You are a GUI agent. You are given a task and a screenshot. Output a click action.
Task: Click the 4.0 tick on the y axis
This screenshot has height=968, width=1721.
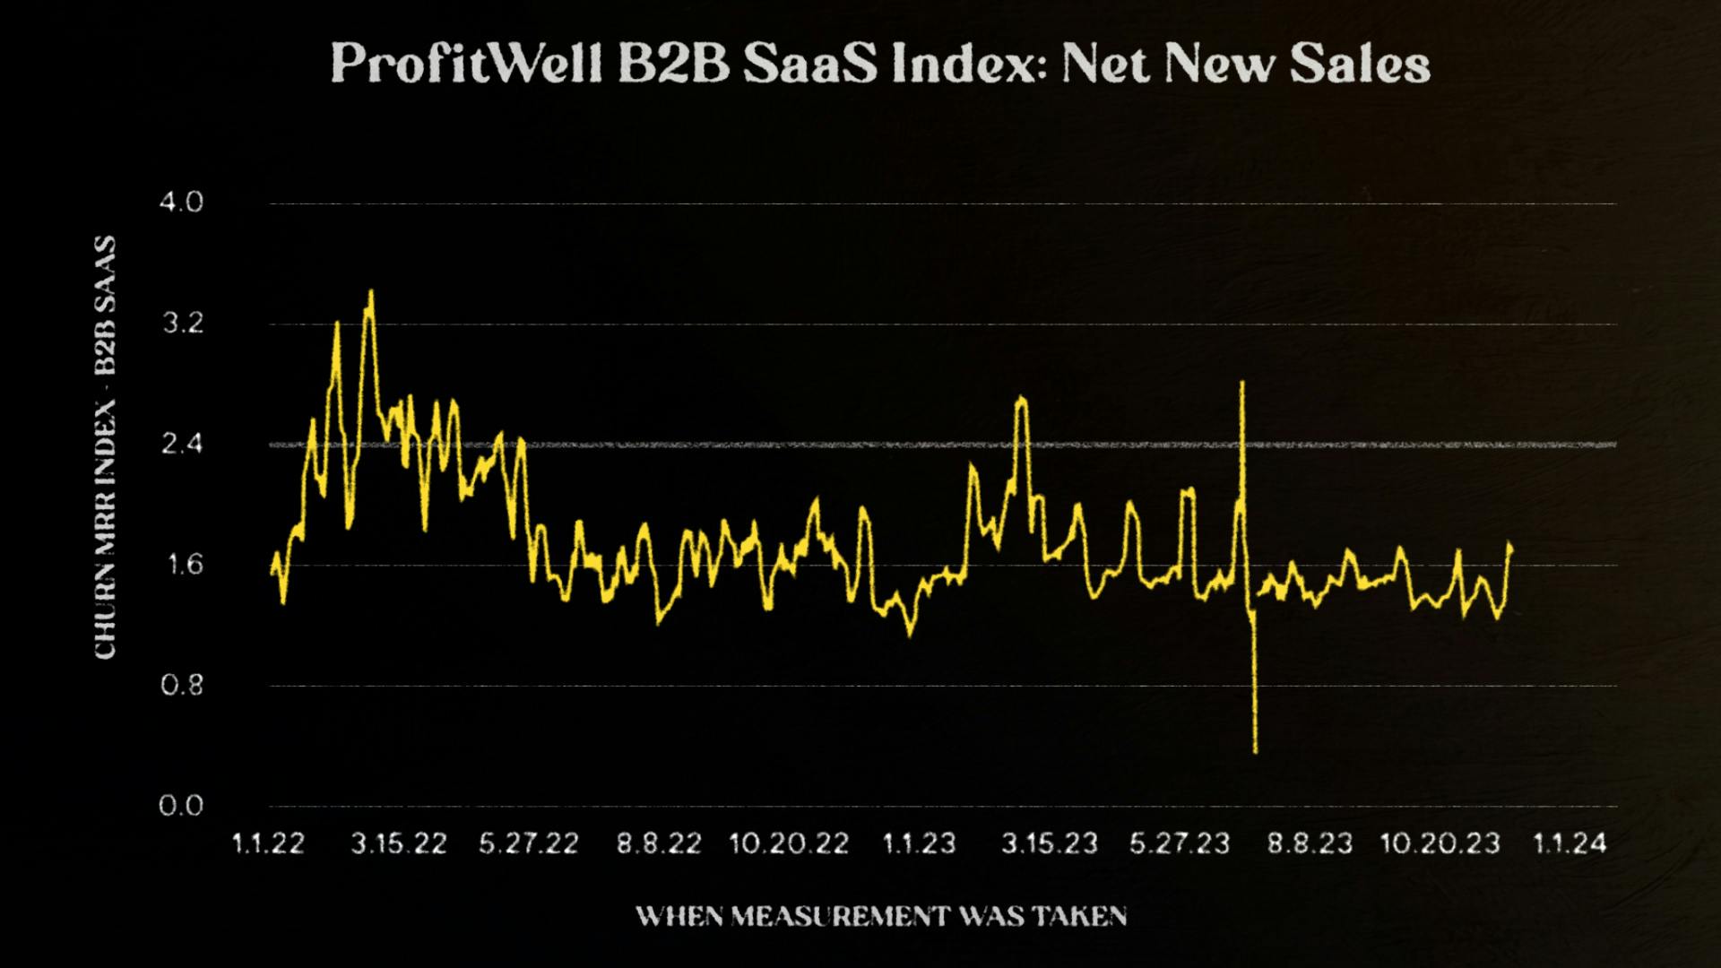(x=181, y=203)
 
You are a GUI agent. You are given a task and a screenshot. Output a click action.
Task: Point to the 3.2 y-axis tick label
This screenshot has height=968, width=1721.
(x=182, y=324)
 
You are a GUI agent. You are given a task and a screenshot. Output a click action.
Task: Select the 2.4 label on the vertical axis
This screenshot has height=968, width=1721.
(x=182, y=445)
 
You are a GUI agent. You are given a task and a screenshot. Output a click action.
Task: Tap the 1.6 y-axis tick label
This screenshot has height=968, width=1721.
(x=182, y=565)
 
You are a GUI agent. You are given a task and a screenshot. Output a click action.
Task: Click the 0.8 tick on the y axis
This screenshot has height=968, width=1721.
(x=182, y=686)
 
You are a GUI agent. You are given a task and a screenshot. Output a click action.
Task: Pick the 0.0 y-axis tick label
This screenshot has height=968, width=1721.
(x=181, y=806)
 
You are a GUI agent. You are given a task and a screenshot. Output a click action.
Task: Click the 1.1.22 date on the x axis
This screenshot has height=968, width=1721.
(x=268, y=843)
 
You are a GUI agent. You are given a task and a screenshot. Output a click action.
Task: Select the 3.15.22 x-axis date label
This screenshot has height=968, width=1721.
(x=398, y=843)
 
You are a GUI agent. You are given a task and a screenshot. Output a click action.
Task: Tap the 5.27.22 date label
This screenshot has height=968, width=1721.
(x=529, y=843)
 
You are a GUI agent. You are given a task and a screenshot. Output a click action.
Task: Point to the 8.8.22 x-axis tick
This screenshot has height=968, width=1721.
(x=659, y=843)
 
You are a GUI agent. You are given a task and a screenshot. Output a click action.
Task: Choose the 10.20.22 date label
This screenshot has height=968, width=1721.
(x=789, y=843)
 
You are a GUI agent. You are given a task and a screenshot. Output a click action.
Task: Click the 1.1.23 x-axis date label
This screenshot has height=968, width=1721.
(x=920, y=843)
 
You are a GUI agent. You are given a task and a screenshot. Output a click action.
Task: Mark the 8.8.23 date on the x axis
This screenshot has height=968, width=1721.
(x=1310, y=843)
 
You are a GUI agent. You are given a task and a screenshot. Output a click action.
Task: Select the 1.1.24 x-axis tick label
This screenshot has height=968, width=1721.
(x=1570, y=843)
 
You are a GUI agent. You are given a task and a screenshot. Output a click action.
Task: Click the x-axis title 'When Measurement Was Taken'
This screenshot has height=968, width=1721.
(x=881, y=916)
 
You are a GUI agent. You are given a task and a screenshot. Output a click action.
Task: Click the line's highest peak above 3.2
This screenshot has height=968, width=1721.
(x=370, y=291)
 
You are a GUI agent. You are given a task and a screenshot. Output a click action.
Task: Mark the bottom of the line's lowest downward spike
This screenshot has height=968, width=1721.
(x=1255, y=751)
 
